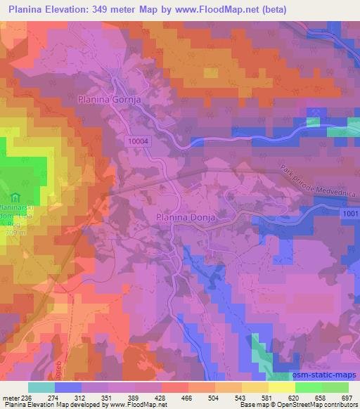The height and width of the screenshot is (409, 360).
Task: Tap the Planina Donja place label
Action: (x=184, y=218)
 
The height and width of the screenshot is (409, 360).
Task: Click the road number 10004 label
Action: (x=140, y=141)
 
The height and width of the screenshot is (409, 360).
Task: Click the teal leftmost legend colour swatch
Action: (x=41, y=387)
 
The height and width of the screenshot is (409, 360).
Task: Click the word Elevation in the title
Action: (x=71, y=9)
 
